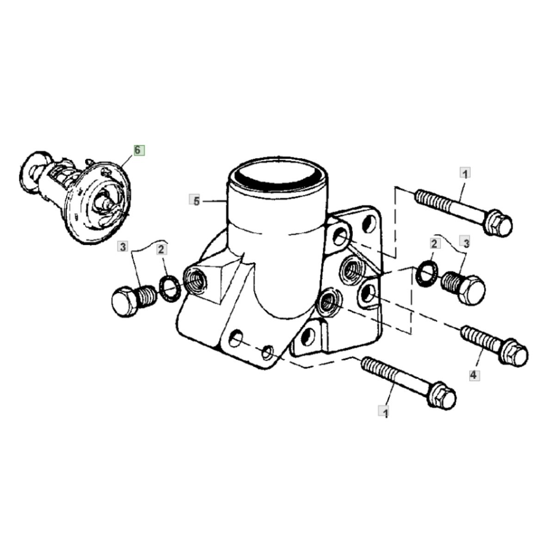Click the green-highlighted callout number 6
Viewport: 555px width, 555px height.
[x=139, y=150]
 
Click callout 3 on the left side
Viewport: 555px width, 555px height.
[x=123, y=247]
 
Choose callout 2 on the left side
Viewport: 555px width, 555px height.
[x=161, y=249]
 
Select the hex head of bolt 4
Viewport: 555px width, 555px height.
[x=514, y=352]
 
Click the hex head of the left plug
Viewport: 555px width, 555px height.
[x=125, y=301]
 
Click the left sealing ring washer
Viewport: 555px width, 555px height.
[x=170, y=288]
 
